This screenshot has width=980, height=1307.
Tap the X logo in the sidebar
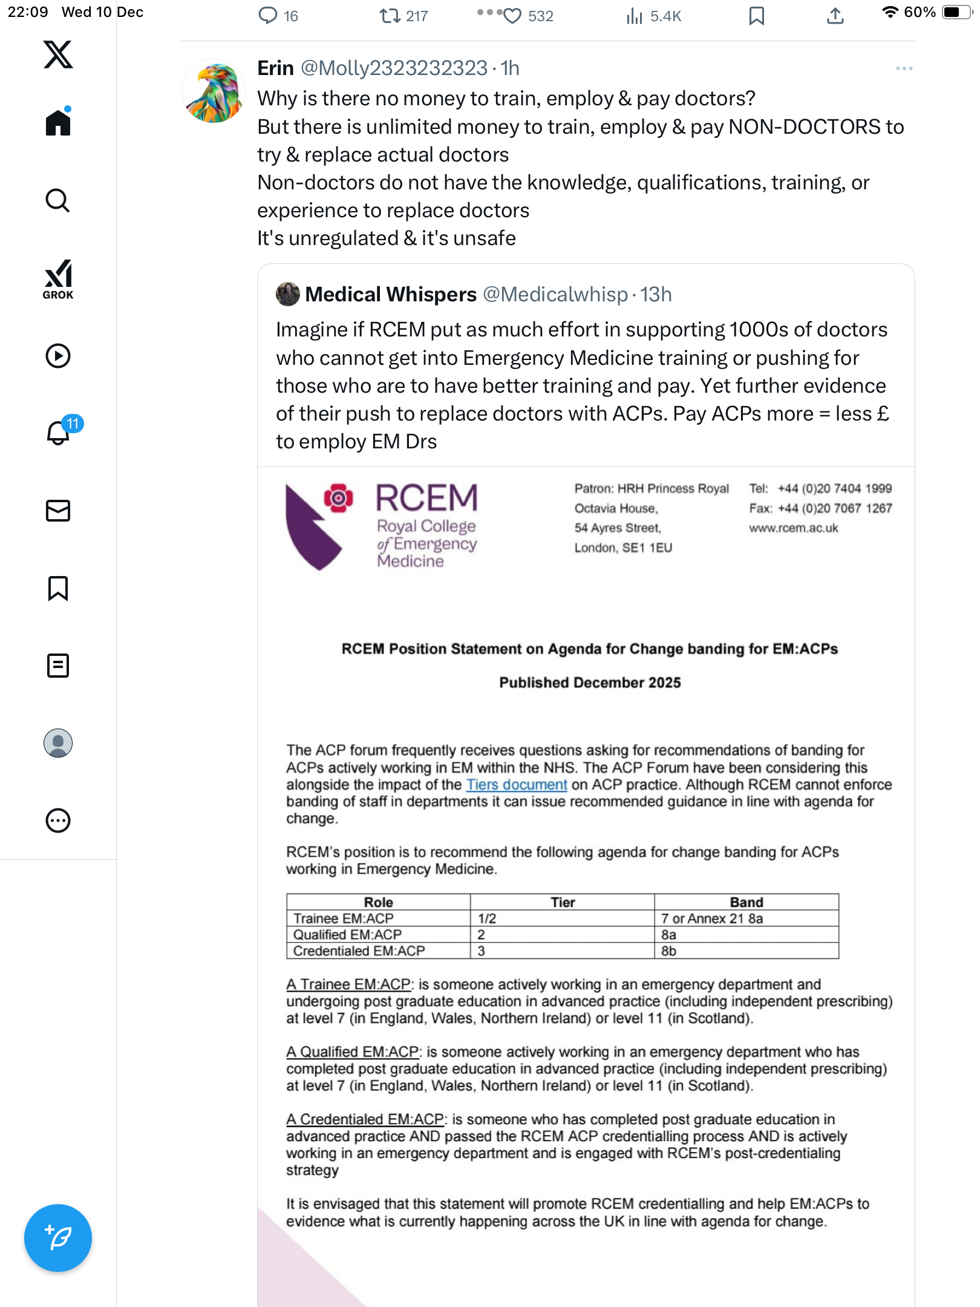(x=58, y=54)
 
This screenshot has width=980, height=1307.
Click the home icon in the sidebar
(x=58, y=122)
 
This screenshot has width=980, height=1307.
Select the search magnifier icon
(x=58, y=200)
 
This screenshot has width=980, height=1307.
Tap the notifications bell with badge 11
(x=59, y=433)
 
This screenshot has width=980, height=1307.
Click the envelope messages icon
(x=58, y=511)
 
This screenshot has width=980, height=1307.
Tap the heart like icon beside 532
(x=512, y=16)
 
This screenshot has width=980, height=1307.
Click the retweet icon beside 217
(x=390, y=16)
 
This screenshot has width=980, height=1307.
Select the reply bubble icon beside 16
(x=267, y=16)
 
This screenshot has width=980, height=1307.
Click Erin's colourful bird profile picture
(x=214, y=91)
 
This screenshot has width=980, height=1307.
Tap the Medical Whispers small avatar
(x=288, y=294)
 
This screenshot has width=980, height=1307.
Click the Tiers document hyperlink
(x=517, y=785)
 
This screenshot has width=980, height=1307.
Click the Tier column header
(x=563, y=902)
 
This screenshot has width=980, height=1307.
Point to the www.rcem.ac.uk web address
(x=794, y=528)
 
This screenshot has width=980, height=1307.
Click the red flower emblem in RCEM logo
(x=339, y=498)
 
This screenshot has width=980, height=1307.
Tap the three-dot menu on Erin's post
(x=904, y=68)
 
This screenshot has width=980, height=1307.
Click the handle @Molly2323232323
(x=394, y=68)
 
